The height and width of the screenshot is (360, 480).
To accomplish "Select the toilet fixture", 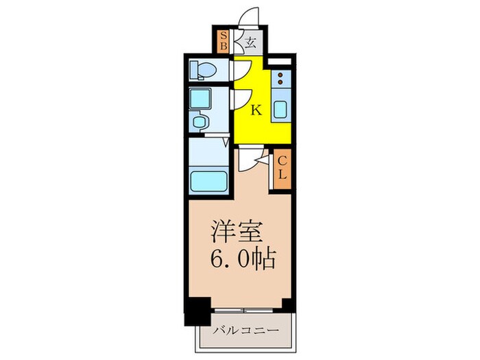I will pos(204,69).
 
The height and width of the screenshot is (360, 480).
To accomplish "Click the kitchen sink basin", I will pos(281,110).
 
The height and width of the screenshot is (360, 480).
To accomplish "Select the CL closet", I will pos(282,169).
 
